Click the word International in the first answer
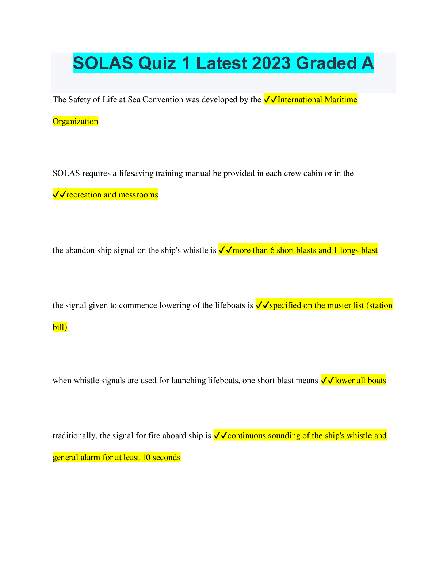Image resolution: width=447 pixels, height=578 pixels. coord(300,100)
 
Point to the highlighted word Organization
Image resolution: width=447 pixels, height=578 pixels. coord(75,122)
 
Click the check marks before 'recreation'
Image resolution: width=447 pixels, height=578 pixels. coord(59,195)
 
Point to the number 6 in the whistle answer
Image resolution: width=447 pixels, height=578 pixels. coord(272,250)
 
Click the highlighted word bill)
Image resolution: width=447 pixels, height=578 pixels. coord(60,327)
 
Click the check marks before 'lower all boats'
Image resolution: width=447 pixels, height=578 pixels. coord(328,381)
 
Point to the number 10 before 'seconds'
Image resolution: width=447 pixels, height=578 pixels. coord(146,458)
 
